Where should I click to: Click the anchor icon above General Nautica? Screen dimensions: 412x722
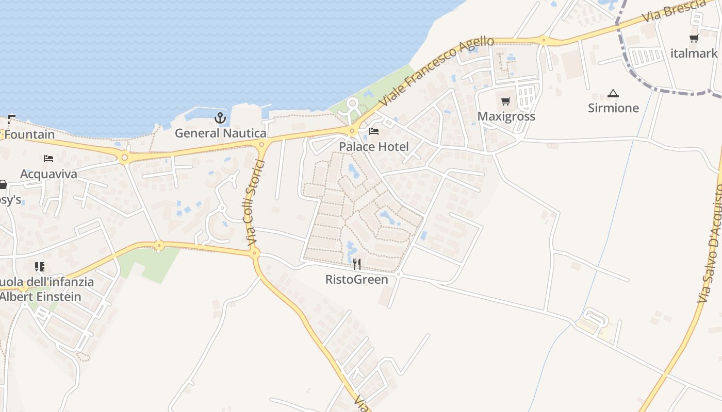point(220,118)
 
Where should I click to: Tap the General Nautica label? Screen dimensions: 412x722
point(220,133)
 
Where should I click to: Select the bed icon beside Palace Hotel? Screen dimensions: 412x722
point(374,131)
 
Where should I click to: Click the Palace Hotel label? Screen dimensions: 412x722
point(373,147)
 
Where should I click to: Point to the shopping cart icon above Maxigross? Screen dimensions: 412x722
point(505,101)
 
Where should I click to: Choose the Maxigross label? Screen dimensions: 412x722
point(506,116)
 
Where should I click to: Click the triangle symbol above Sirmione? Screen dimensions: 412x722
point(613,93)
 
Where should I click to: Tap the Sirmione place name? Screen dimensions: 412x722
point(613,108)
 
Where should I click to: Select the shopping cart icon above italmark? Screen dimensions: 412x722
point(694,39)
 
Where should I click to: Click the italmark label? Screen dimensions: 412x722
point(694,54)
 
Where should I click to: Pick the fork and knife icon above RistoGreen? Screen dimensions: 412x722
point(356,265)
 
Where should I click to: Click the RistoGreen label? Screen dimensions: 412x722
point(356,280)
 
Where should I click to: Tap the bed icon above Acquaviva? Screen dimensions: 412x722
point(48,159)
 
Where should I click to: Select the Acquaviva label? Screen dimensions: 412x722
point(48,174)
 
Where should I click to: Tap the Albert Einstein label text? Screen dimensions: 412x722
point(40,297)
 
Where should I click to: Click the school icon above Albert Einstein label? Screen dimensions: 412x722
point(40,267)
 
